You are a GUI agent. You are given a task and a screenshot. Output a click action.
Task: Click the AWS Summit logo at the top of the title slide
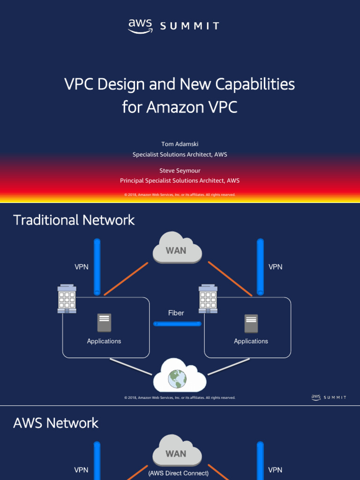pos(173,26)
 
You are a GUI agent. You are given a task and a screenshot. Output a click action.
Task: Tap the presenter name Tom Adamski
pos(180,144)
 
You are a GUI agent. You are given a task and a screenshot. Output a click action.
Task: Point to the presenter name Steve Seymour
pos(180,171)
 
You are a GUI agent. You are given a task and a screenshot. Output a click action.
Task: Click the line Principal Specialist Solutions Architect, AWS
pos(180,180)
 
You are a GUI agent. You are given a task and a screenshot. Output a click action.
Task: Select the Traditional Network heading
pos(74,220)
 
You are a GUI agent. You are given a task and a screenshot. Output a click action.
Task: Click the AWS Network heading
pos(56,423)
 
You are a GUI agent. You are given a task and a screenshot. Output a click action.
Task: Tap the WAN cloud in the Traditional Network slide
pos(177,248)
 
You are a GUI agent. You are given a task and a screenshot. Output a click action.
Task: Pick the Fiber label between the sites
pos(176,313)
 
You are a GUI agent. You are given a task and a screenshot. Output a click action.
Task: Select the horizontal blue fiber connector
pos(177,324)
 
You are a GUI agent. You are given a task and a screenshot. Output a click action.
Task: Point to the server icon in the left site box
pos(104,323)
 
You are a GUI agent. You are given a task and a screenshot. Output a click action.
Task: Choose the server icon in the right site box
pos(251,323)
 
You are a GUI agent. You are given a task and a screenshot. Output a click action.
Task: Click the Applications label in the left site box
pos(104,341)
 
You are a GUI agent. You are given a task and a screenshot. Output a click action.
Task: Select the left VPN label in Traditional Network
pos(82,267)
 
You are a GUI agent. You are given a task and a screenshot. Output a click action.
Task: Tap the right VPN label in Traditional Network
pos(275,267)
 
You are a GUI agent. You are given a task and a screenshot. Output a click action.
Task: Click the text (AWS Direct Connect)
pos(178,473)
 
